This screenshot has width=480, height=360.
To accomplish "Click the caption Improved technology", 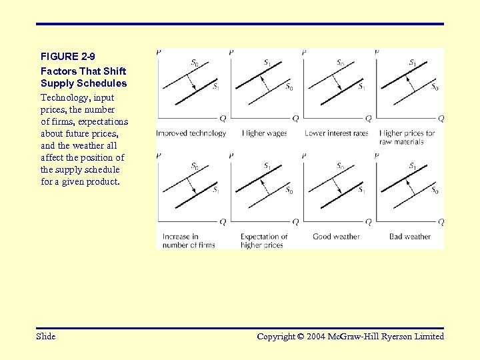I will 191,133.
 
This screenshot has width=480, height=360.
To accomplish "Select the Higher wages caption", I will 264,133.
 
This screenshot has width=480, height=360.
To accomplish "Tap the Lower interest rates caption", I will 336,133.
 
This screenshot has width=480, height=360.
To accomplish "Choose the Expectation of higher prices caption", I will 264,241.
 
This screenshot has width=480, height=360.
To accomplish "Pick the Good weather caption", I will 336,237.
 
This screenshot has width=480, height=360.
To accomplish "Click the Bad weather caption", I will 410,237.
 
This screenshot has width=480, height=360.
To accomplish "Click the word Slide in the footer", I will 46,337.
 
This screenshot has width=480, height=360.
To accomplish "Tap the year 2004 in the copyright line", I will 317,337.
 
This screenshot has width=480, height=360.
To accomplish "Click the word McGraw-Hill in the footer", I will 355,337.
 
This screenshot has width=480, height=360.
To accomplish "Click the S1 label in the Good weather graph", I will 361,191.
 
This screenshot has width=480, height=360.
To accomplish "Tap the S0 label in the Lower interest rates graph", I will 340,63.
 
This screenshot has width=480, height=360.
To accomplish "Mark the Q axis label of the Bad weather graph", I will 441,222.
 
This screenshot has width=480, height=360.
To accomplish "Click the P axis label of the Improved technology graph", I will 158,52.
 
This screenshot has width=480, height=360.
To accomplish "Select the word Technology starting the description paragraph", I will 64,97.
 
